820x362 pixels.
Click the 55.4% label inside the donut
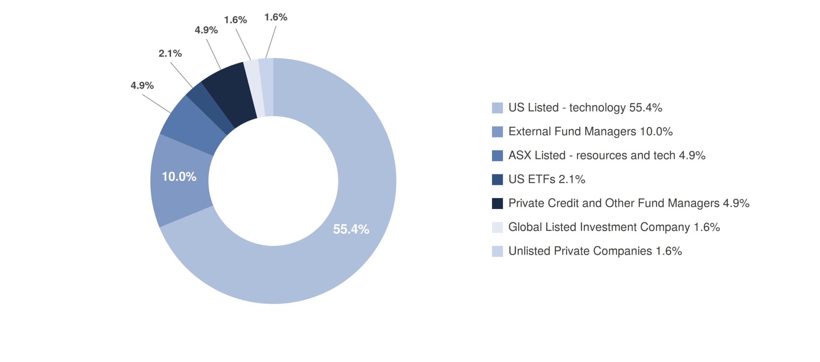351,229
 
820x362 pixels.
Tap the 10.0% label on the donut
179,177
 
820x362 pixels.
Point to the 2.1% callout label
170,53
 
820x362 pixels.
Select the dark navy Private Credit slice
230,93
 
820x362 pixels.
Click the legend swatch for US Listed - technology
497,108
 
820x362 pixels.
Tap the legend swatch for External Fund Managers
497,132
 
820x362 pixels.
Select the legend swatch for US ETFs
497,180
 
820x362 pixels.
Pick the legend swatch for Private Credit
497,203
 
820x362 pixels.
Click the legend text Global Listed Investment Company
599,227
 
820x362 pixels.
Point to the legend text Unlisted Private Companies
580,251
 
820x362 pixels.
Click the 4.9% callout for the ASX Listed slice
142,85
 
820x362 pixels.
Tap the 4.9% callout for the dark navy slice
206,30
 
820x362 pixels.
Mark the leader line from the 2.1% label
181,75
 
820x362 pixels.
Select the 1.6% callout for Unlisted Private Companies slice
276,17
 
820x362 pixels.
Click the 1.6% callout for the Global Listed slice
235,20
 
